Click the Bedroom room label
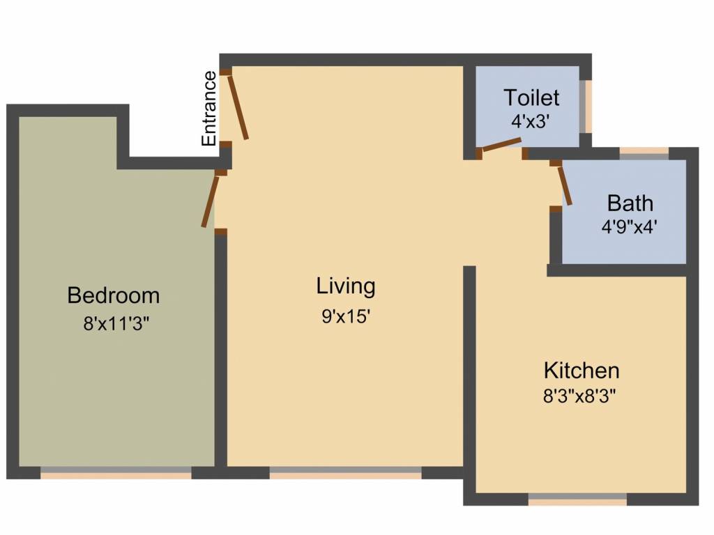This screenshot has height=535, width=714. (113, 295)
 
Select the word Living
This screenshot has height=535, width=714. (346, 286)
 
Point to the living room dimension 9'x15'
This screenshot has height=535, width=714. (346, 316)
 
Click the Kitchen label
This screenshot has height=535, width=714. (582, 369)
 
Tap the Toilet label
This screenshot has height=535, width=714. (531, 97)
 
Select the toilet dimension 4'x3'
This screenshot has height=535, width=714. (531, 120)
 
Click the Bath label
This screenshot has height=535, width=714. (630, 203)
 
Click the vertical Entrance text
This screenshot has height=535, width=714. (208, 108)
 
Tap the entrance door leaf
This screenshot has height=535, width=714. (238, 107)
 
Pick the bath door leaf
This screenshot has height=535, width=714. (565, 185)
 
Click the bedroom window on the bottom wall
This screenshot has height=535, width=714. (116, 473)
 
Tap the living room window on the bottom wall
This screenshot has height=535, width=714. (345, 473)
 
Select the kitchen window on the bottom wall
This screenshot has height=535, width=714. (577, 499)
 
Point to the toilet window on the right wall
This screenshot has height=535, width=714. (586, 107)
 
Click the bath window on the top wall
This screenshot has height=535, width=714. (644, 153)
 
